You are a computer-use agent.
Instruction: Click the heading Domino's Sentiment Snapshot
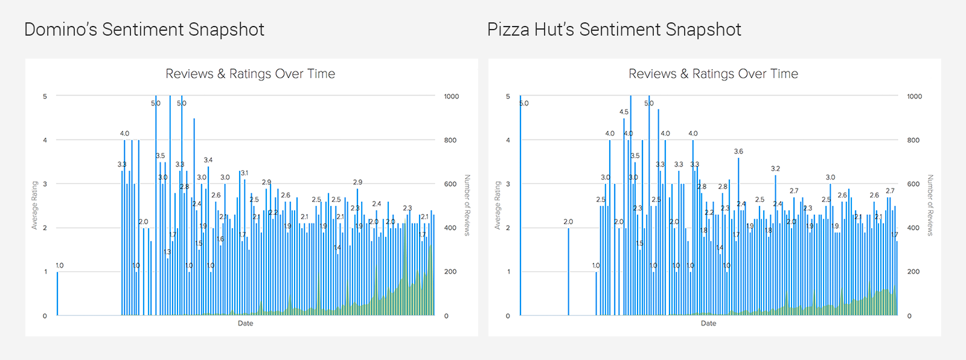[144, 30]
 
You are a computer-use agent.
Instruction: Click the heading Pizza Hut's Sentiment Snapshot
[614, 30]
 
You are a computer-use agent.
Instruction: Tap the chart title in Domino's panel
[250, 74]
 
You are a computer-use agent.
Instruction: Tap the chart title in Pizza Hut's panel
[713, 74]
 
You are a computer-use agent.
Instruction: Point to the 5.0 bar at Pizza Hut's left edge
[520, 205]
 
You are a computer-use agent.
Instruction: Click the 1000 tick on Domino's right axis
[451, 96]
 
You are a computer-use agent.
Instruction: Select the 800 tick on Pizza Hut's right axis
[913, 140]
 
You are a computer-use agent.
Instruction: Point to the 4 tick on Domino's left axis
[45, 140]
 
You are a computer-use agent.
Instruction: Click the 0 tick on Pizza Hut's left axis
[508, 316]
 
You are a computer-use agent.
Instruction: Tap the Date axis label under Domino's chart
[245, 324]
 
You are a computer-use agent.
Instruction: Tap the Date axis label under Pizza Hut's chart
[708, 324]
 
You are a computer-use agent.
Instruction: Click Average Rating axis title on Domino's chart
[34, 205]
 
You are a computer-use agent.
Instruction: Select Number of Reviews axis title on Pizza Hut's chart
[930, 205]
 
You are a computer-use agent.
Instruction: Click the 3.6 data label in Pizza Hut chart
[738, 152]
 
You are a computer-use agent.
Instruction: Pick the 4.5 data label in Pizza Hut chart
[624, 112]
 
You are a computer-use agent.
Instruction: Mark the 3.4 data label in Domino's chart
[208, 160]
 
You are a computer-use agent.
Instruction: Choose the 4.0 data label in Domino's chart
[124, 133]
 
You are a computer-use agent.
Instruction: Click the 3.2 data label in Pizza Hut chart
[775, 169]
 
